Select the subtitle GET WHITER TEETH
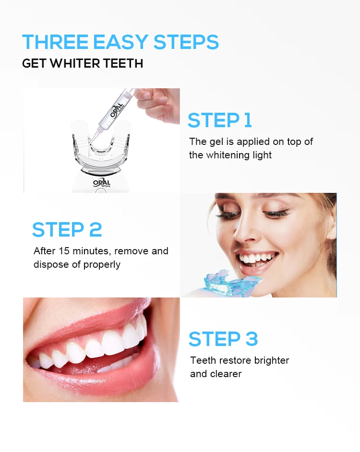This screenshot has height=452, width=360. pyautogui.click(x=83, y=64)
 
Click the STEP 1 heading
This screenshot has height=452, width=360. pyautogui.click(x=219, y=120)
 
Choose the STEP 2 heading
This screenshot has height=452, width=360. pyautogui.click(x=67, y=230)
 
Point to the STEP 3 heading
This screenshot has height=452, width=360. pyautogui.click(x=223, y=339)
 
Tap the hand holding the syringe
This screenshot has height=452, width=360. pyautogui.click(x=158, y=103)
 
